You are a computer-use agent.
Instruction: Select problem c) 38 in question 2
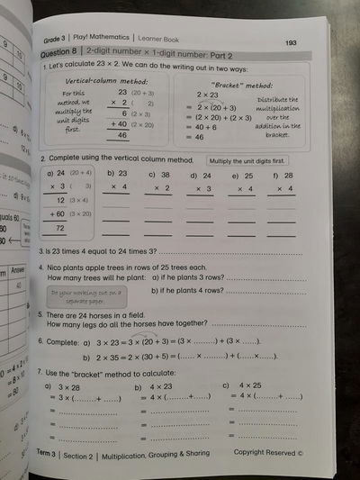158,176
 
